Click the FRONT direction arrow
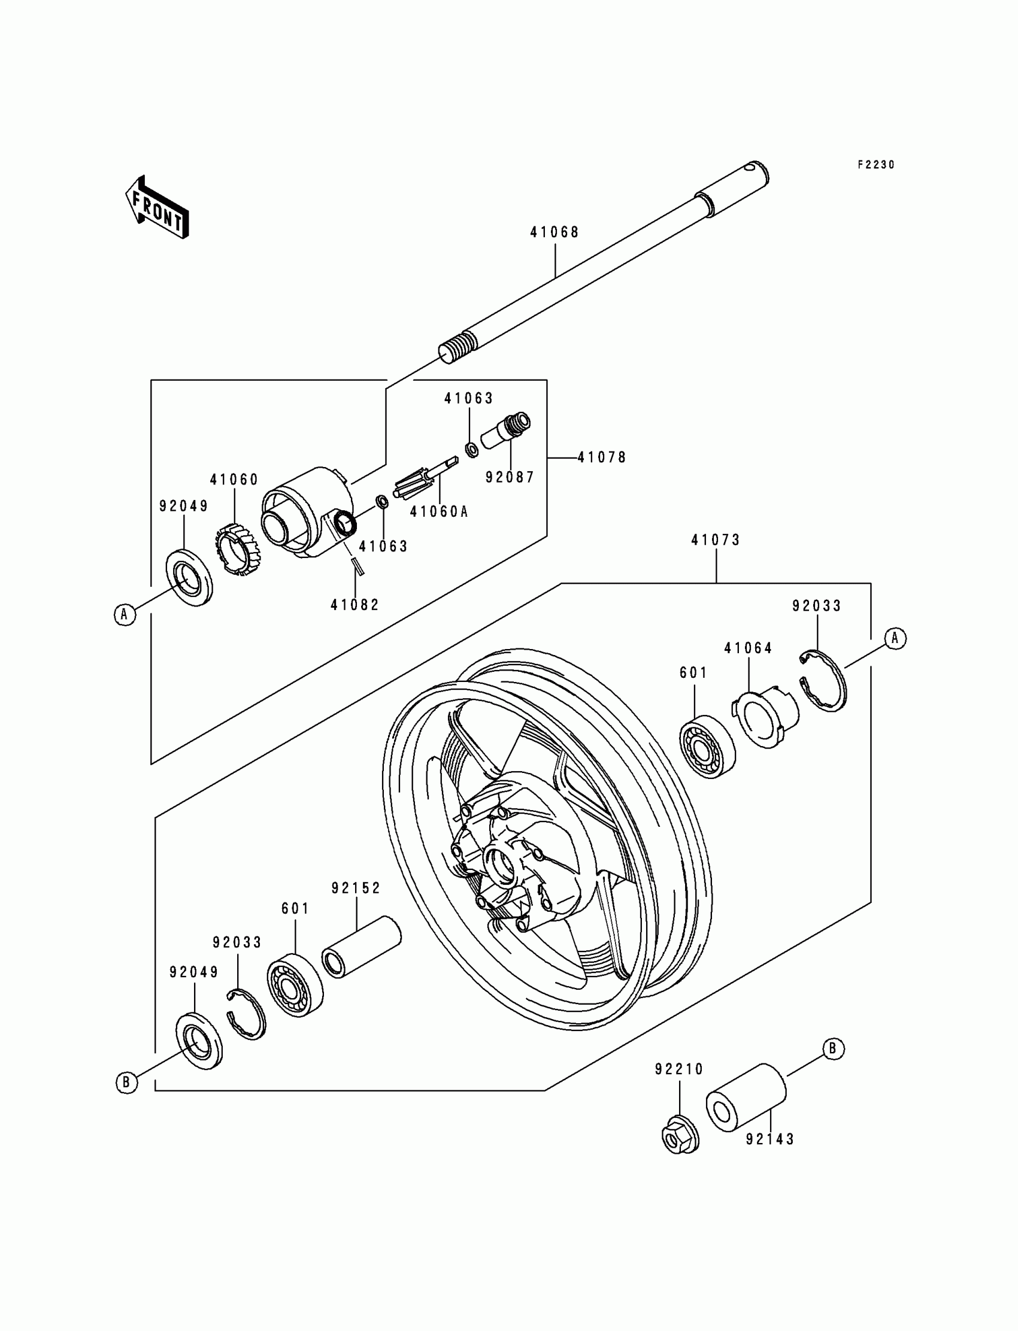point(157,208)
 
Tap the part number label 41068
point(555,233)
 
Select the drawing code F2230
point(875,165)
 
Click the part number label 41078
point(602,457)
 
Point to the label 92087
point(510,477)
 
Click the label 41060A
point(439,512)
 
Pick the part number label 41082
point(355,605)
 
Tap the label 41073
point(716,540)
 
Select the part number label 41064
point(748,648)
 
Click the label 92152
point(356,888)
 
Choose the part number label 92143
point(769,1139)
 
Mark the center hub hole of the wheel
point(499,863)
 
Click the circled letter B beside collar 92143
point(832,1048)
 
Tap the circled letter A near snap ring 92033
point(895,638)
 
